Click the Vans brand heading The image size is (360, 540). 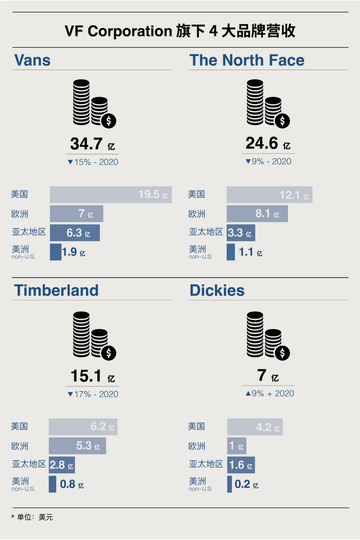pyautogui.click(x=32, y=60)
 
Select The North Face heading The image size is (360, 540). pyautogui.click(x=247, y=60)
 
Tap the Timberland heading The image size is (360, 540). pyautogui.click(x=56, y=290)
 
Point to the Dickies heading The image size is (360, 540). pyautogui.click(x=217, y=290)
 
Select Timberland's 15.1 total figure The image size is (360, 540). pyautogui.click(x=86, y=376)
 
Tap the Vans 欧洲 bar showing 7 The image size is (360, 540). pyautogui.click(x=76, y=214)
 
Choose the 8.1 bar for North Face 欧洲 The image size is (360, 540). pyautogui.click(x=257, y=213)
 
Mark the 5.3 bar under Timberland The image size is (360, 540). pyautogui.click(x=77, y=446)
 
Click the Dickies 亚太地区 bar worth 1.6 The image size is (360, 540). pyautogui.click(x=241, y=465)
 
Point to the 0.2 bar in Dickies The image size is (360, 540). pyautogui.click(x=229, y=484)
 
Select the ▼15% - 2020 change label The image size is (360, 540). pyautogui.click(x=93, y=162)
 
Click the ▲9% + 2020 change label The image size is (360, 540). pyautogui.click(x=270, y=393)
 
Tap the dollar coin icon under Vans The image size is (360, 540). pyautogui.click(x=108, y=121)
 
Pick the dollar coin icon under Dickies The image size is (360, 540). pyautogui.click(x=283, y=353)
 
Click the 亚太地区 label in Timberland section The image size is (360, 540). pyautogui.click(x=29, y=464)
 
